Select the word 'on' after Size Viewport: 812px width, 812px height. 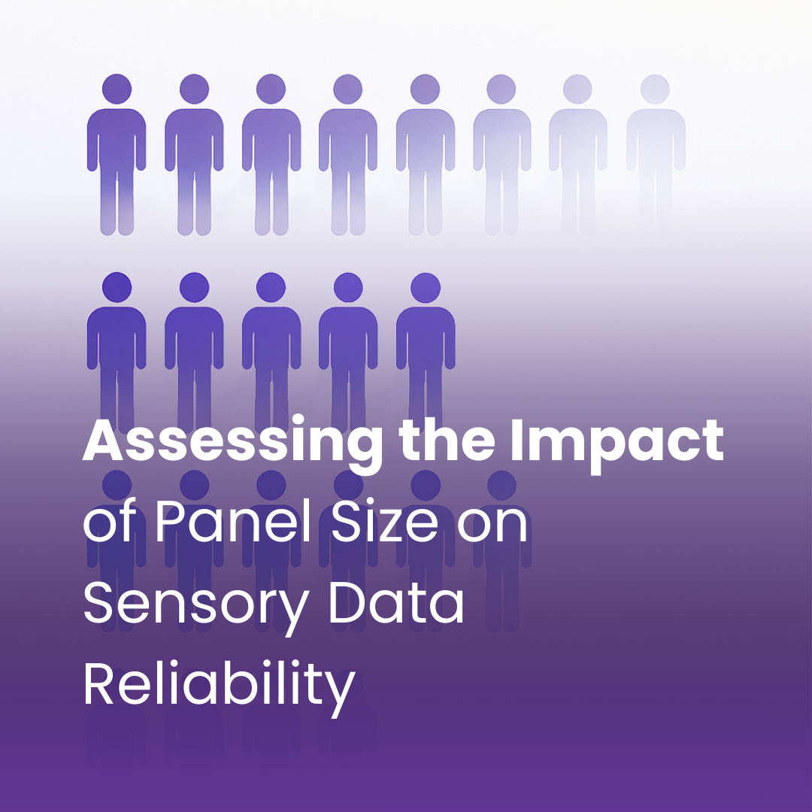(492, 526)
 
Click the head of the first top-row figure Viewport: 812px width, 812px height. (117, 89)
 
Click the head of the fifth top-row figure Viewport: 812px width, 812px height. (425, 89)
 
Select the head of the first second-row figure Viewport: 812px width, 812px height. (117, 287)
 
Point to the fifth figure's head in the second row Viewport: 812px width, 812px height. (425, 287)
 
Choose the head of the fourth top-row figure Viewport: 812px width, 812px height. (347, 89)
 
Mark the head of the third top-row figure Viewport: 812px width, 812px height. (271, 89)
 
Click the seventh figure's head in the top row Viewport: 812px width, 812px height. (577, 89)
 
